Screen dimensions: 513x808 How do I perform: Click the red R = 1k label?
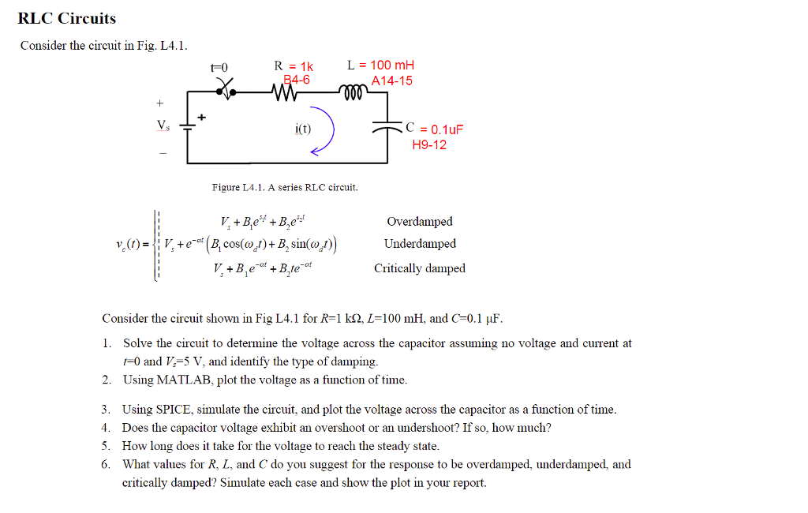click(293, 66)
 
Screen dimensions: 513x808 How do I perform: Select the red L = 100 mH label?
click(380, 66)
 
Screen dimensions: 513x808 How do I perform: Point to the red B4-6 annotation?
click(297, 80)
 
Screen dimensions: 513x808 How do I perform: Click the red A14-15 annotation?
click(392, 81)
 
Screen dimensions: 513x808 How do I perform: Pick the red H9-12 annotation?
click(429, 144)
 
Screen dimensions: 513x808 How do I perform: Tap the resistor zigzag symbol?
click(282, 94)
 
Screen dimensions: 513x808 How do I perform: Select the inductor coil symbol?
click(353, 94)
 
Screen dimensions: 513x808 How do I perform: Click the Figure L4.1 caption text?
click(284, 187)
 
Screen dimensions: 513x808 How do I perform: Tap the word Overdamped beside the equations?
click(419, 222)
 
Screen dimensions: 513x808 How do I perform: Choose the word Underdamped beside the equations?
click(420, 244)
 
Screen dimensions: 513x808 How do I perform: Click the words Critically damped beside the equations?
click(419, 268)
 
